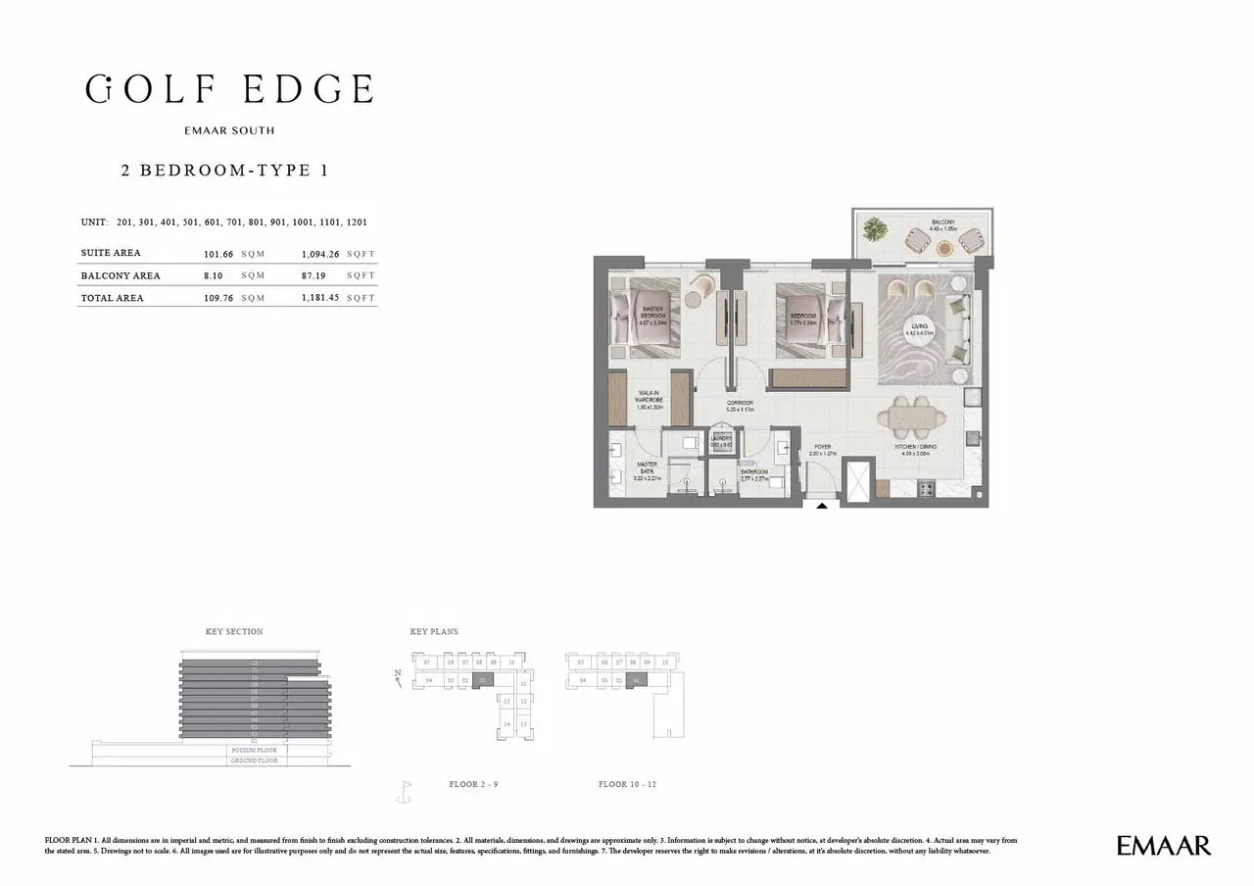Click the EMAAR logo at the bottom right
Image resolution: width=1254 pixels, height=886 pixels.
[x=1164, y=845]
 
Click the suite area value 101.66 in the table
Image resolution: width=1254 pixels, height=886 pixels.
[x=219, y=254]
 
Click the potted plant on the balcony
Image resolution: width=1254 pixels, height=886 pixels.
[x=875, y=230]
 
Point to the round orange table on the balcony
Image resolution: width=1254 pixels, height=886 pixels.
[x=944, y=249]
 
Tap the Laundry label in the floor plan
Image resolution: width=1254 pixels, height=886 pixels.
[x=721, y=440]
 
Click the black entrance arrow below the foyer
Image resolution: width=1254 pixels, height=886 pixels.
[x=821, y=506]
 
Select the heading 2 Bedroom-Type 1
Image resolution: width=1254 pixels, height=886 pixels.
[x=223, y=170]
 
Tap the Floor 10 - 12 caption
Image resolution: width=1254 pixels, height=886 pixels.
[x=626, y=784]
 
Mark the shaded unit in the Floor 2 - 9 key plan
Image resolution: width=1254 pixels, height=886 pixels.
[x=481, y=679]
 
